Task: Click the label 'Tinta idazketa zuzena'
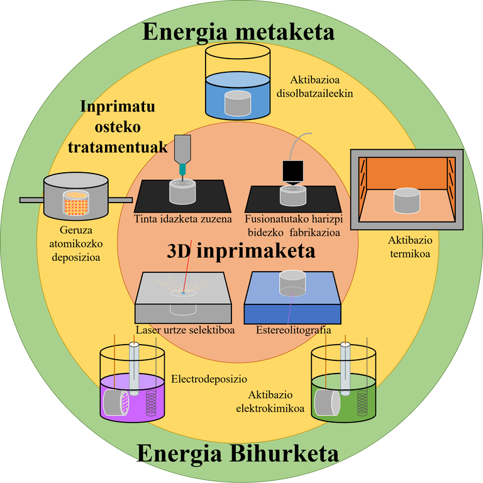[183, 219]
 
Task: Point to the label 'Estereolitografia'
[294, 330]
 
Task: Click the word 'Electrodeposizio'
[209, 379]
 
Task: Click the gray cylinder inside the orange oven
[406, 201]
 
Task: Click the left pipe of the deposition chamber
[31, 200]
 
